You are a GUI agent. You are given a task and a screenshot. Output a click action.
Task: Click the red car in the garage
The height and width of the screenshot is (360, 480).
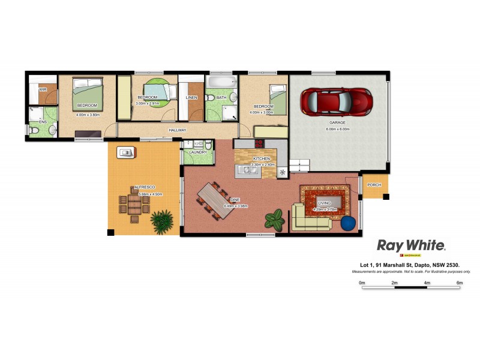335,101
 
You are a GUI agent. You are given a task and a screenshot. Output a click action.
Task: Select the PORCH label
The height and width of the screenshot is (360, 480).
374,185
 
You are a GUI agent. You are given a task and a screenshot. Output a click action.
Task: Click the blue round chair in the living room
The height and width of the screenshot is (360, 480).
348,223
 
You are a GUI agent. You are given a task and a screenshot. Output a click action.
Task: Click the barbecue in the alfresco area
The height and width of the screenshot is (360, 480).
125,152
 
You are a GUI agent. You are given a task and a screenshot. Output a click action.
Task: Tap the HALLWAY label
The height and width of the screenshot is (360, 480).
178,130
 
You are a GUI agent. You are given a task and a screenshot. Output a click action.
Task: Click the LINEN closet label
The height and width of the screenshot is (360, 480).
191,97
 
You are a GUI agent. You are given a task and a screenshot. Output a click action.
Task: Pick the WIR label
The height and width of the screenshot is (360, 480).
43,90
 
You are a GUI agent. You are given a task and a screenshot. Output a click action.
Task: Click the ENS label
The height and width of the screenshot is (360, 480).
43,122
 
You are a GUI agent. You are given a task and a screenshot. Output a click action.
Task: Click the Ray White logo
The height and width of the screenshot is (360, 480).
410,245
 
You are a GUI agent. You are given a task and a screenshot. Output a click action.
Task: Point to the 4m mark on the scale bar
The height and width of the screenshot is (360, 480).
427,282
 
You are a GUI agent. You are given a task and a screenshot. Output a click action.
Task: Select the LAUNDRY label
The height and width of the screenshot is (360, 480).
197,152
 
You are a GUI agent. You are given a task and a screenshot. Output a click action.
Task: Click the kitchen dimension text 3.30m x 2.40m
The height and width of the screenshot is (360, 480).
262,164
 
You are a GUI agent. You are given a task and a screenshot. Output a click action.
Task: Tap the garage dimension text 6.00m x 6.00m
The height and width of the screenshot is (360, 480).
337,129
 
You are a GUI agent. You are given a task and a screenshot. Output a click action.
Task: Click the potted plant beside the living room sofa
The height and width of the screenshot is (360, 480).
275,219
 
